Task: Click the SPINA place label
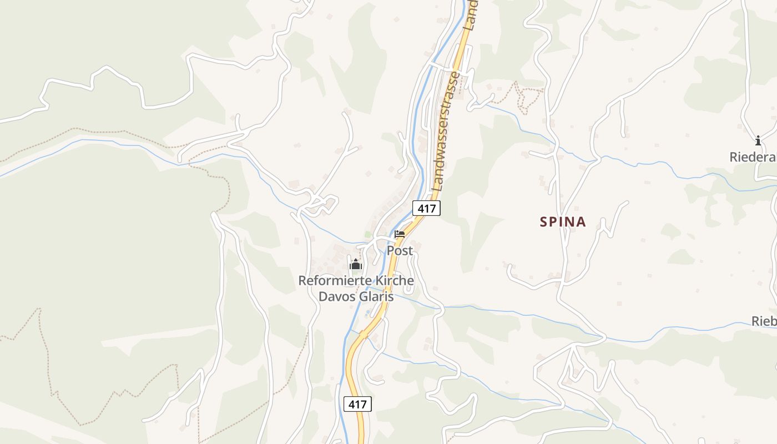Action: (563, 222)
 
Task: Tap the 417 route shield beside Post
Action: (426, 208)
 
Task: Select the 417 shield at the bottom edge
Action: (357, 404)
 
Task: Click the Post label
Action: (400, 251)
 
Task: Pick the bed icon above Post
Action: (400, 234)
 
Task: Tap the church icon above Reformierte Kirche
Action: (356, 265)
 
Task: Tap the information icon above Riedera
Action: (758, 140)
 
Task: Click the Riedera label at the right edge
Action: (753, 158)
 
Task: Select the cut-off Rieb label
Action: (764, 321)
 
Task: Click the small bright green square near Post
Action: (367, 235)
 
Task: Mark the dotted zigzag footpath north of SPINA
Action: (522, 97)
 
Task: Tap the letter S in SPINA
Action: (544, 222)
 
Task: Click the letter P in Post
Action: (391, 251)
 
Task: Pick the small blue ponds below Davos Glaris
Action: (367, 314)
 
